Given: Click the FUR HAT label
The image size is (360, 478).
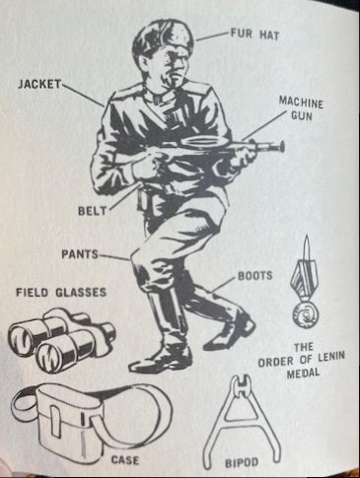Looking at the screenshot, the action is point(254,34).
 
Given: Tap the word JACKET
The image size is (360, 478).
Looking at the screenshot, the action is point(39,84).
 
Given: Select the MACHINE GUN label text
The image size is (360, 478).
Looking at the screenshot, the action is point(301,108).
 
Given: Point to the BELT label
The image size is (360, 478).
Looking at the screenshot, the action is point(93,211).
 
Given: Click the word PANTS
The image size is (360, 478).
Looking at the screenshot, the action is point(80,254).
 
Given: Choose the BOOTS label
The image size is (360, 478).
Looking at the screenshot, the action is point(255,276).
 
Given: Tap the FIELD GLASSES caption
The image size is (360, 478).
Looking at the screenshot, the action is point(61,292).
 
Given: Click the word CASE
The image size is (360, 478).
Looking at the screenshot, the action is point(124,459).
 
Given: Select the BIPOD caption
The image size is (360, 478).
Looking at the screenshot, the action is point(242,462).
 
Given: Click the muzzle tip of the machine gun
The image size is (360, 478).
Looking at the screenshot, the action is point(282,146).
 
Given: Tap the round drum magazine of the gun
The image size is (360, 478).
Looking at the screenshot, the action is point(203,142).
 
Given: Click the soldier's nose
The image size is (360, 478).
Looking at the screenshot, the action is point(179,66).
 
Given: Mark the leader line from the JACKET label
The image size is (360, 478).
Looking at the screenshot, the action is point(83,95).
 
